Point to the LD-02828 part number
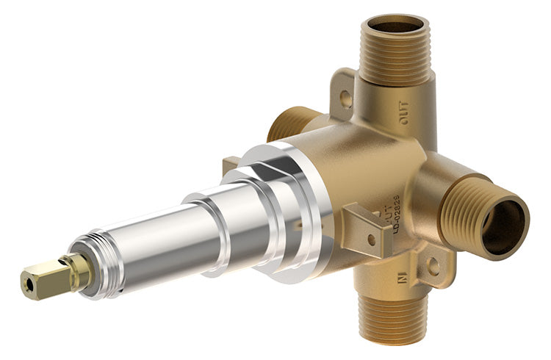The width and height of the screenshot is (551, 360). coord(395,214)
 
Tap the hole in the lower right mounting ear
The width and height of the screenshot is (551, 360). coord(433,266)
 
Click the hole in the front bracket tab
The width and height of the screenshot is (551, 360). coord(372,238)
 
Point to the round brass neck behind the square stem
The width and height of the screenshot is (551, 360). coord(78,269)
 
